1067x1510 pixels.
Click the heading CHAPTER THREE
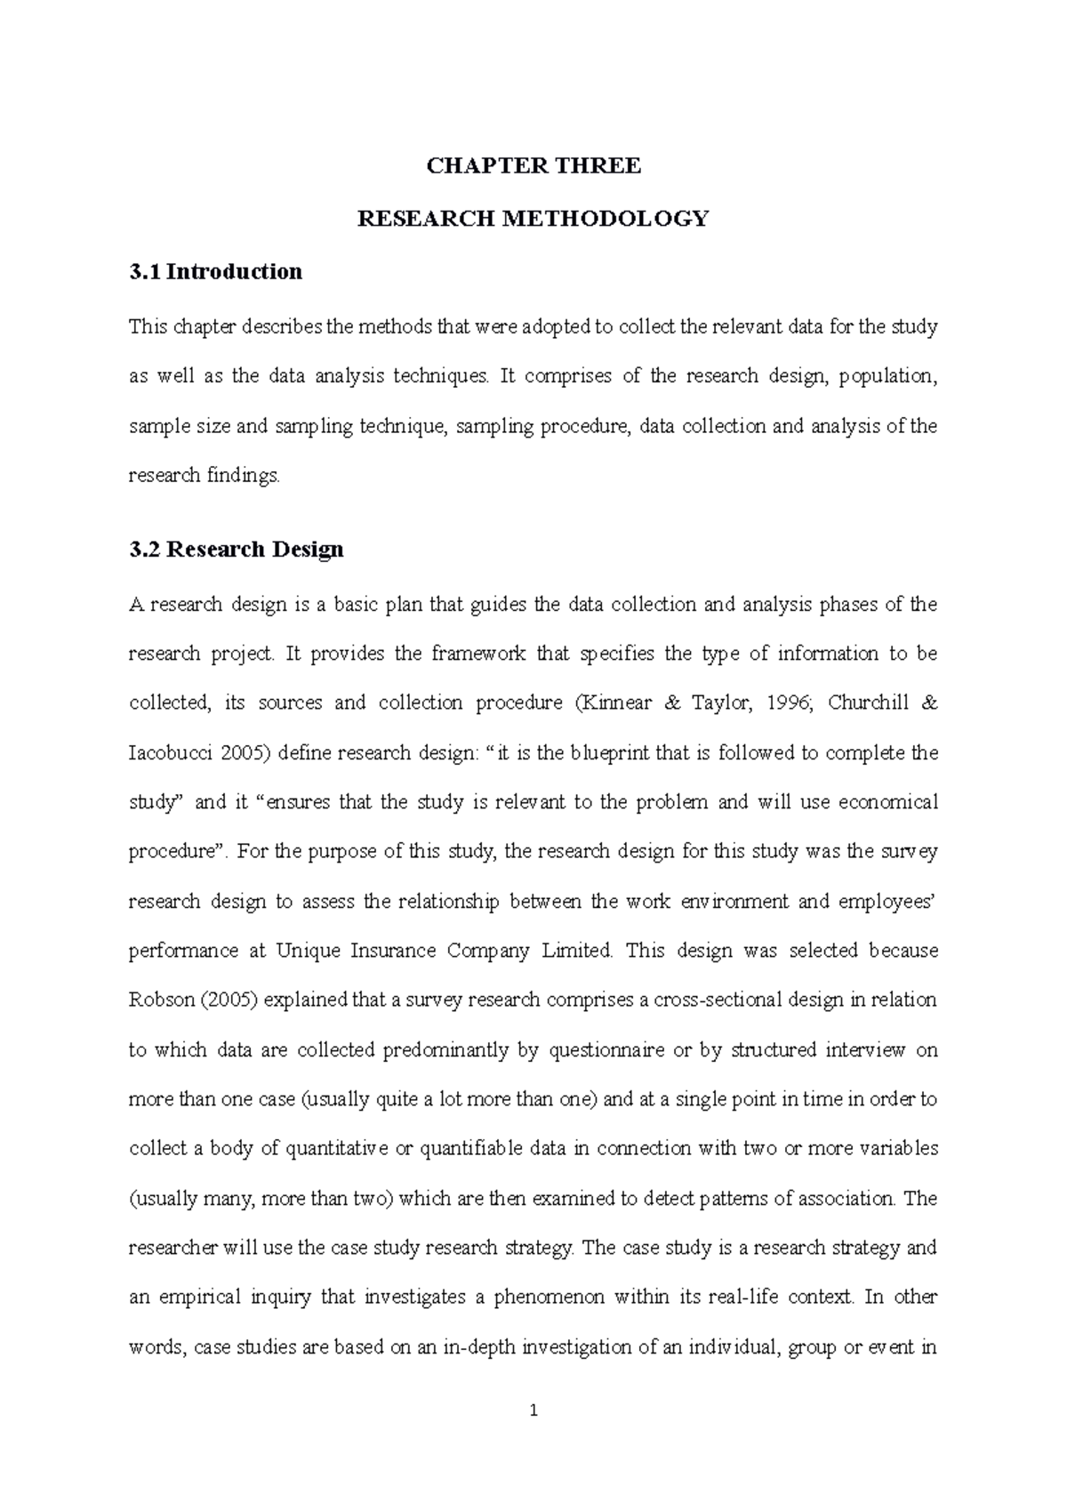(x=533, y=166)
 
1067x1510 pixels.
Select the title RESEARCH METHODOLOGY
(x=533, y=219)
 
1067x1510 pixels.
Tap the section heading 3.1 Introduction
(x=216, y=271)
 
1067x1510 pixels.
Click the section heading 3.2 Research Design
(x=237, y=550)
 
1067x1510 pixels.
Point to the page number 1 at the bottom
(x=533, y=1410)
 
